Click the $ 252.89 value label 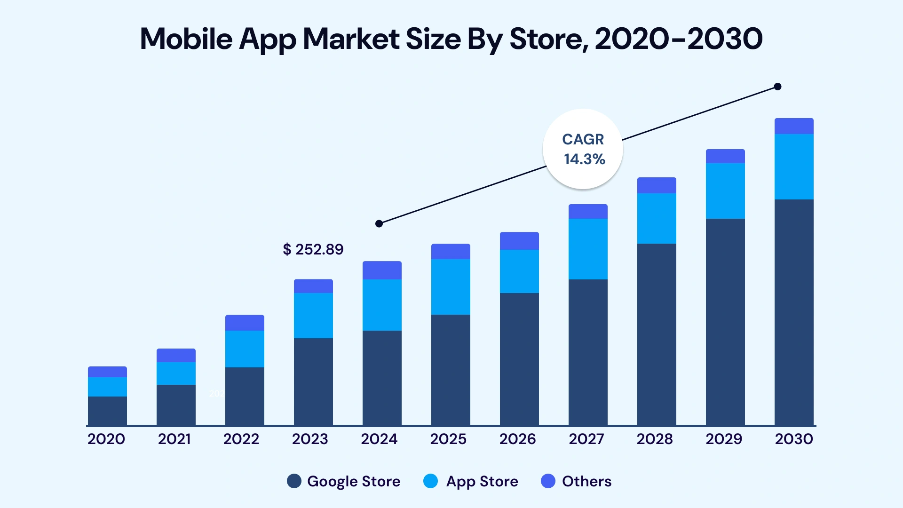(313, 249)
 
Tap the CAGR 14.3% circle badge (583, 149)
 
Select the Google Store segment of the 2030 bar (794, 312)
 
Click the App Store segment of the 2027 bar (588, 249)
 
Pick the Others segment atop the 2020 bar (107, 372)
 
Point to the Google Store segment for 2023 (313, 381)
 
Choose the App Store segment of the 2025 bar (451, 286)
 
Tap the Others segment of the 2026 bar (519, 241)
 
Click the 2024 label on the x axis (379, 439)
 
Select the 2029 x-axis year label (724, 439)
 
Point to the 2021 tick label (174, 439)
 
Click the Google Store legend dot (294, 481)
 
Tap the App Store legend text (482, 481)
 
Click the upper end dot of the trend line (777, 87)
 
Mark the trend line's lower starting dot (379, 223)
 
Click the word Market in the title (351, 39)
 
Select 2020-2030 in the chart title (679, 39)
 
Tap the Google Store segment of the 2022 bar (245, 396)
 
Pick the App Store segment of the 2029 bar (725, 190)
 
